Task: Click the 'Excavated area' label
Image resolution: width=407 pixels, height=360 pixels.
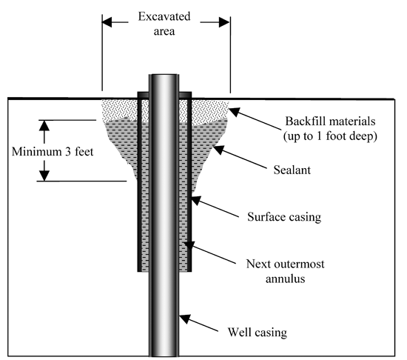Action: [164, 24]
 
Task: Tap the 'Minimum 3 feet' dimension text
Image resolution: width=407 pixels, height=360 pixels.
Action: [53, 152]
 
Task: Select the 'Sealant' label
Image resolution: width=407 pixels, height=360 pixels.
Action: [292, 170]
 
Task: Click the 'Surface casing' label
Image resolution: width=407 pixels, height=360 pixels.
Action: [284, 217]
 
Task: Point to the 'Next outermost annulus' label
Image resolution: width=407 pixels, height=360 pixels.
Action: [285, 271]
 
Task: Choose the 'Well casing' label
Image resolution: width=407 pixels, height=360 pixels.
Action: [258, 332]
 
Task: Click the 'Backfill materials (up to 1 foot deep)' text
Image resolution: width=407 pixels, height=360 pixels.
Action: [330, 129]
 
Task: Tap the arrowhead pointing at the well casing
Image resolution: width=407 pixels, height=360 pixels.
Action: [184, 319]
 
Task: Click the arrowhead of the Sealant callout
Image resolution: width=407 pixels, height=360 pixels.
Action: [218, 150]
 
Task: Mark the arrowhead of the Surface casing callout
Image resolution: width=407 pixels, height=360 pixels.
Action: [196, 200]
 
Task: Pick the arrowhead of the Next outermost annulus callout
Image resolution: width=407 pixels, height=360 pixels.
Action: [189, 245]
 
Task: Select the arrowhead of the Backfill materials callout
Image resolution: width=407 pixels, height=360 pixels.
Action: [234, 112]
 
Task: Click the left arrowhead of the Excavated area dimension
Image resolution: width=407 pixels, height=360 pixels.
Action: [107, 22]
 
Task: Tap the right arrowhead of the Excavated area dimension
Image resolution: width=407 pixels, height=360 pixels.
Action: [224, 22]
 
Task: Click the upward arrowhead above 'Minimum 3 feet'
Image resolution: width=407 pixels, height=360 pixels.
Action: [44, 125]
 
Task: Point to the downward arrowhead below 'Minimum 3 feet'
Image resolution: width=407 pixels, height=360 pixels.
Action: [44, 176]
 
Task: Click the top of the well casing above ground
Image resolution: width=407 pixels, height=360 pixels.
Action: [164, 76]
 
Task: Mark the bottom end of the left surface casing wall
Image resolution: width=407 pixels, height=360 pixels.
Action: [139, 270]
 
